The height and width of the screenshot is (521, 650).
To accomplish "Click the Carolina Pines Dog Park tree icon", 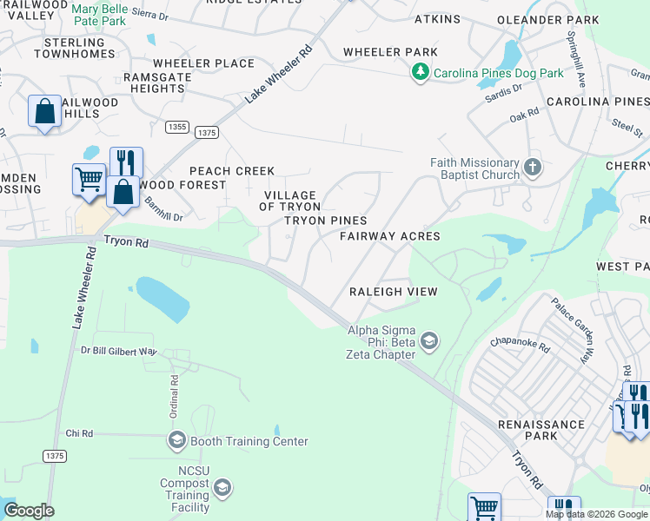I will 421,73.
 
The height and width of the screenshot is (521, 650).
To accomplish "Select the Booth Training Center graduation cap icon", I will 176,441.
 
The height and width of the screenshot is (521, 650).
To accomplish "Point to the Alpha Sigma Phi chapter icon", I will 428,342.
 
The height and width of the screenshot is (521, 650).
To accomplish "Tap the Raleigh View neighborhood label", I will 393,292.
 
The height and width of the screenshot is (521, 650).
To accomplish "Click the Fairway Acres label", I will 389,236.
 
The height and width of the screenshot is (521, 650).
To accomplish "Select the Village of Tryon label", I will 290,201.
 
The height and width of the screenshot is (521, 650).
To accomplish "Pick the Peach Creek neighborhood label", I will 232,171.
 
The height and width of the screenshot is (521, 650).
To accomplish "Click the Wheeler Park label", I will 390,52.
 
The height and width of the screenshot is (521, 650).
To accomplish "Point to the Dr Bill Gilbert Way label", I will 118,352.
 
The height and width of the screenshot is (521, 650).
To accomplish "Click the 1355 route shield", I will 177,127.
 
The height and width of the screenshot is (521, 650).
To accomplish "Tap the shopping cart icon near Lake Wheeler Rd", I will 89,180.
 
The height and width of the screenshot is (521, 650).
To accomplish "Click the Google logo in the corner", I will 29,511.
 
